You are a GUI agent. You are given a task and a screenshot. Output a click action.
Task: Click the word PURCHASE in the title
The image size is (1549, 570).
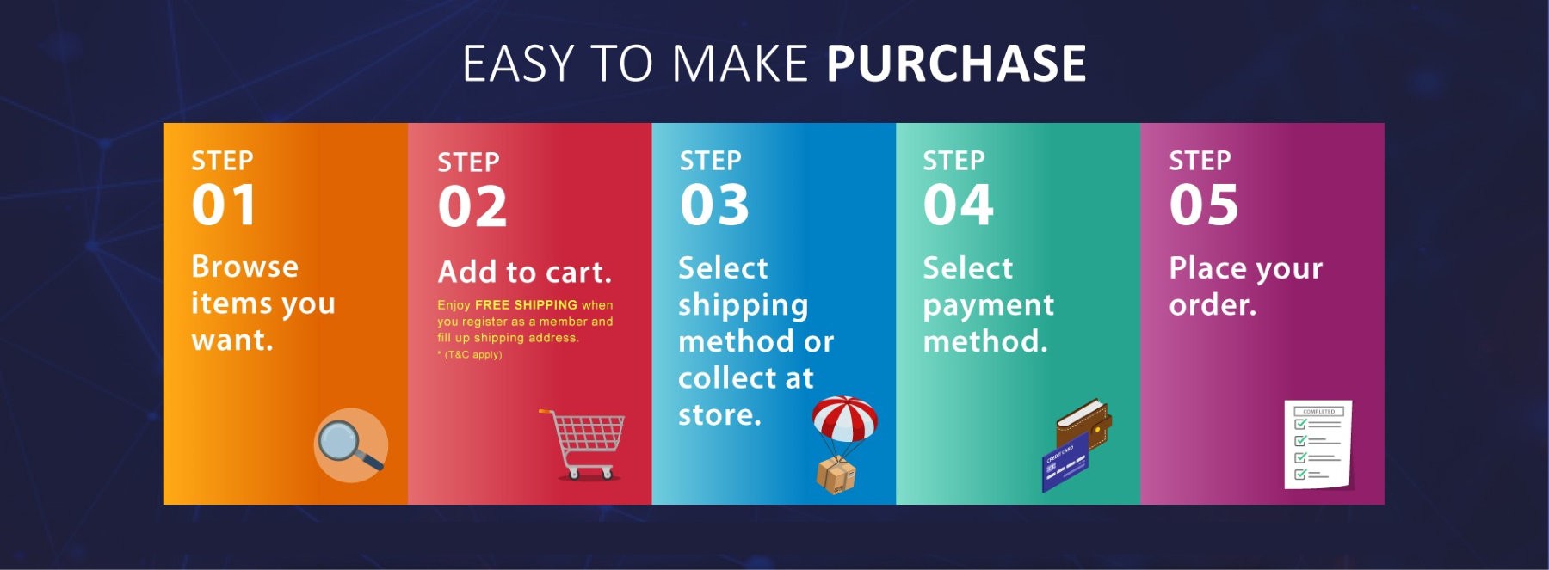click(x=956, y=64)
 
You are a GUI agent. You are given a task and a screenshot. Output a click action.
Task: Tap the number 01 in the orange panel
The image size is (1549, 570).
click(x=224, y=205)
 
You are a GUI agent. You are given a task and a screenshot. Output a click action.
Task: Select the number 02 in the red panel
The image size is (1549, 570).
click(x=472, y=207)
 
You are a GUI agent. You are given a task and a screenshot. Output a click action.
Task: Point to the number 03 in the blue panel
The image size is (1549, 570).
click(x=714, y=205)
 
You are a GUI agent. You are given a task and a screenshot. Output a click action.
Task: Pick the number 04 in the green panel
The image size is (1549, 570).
click(x=959, y=205)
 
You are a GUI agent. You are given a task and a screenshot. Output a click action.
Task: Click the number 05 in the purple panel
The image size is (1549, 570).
click(x=1204, y=205)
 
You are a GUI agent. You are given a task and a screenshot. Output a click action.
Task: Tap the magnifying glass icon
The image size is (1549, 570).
click(x=350, y=445)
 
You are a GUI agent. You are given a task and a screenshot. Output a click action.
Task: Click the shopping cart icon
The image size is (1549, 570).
click(x=583, y=444)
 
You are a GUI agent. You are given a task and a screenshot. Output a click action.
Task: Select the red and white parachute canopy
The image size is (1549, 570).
click(x=844, y=419)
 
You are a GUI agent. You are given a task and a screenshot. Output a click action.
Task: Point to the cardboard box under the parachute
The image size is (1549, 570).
click(x=836, y=475)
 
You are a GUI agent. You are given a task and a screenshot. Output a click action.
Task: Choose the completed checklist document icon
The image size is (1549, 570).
click(x=1318, y=444)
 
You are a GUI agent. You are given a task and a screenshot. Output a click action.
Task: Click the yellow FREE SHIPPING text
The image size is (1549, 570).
click(x=526, y=305)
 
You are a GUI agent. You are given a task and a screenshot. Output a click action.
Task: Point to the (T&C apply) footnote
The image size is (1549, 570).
click(x=470, y=354)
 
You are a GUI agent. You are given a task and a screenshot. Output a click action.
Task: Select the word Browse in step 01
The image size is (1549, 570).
click(x=245, y=267)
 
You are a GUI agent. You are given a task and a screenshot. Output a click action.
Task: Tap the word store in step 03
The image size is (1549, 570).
click(x=719, y=415)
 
